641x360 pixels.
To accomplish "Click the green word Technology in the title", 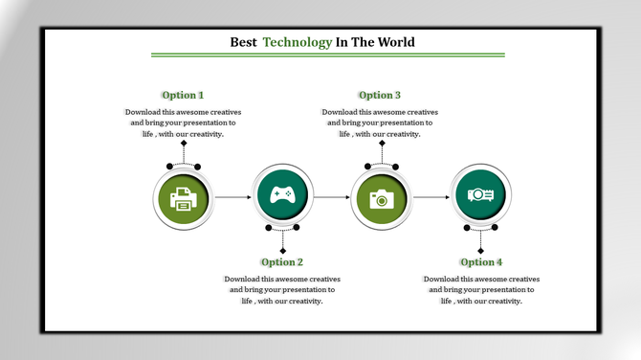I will click(x=298, y=43).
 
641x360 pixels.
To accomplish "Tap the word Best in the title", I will click(x=244, y=43).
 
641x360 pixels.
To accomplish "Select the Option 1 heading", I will click(x=183, y=95).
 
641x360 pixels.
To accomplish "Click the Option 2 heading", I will click(x=282, y=262).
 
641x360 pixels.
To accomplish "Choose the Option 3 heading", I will click(x=380, y=95).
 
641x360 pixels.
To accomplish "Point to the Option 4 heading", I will click(x=481, y=262).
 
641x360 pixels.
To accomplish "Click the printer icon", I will click(x=184, y=199).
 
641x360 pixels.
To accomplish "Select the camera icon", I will click(x=382, y=199).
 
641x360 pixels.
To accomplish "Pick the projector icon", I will click(x=480, y=194).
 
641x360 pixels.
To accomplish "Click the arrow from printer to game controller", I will click(x=232, y=197).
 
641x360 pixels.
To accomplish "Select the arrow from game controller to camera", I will click(x=332, y=197).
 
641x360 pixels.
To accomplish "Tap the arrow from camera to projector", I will click(x=431, y=197).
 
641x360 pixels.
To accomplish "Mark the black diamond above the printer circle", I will click(x=184, y=144).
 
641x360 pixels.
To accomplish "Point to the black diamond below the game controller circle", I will click(x=282, y=250).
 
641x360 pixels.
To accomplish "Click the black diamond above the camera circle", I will click(x=382, y=144).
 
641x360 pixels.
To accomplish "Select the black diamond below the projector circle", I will click(x=480, y=250).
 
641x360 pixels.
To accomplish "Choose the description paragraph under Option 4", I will click(x=481, y=290).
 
